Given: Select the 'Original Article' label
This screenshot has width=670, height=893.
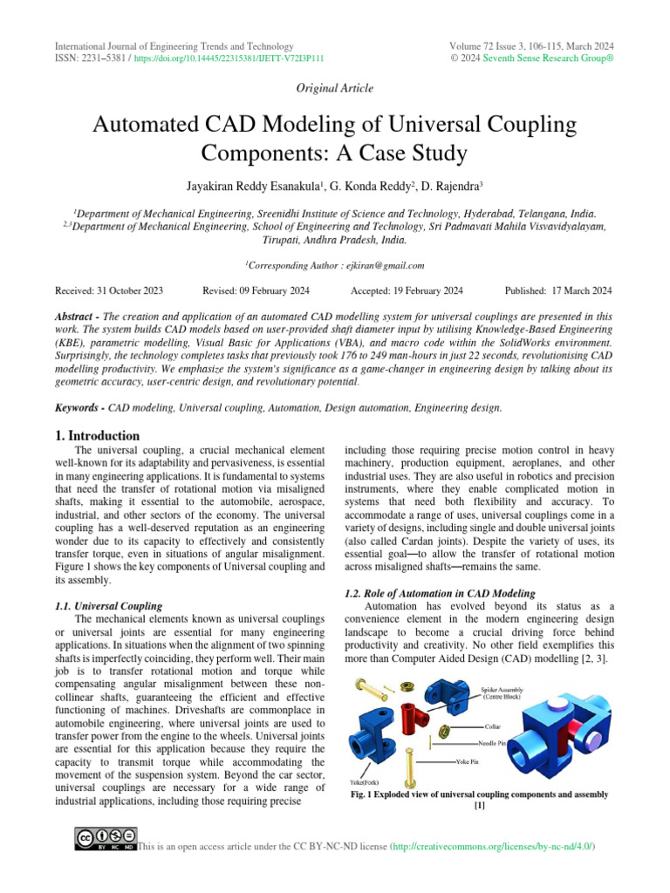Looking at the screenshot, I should pyautogui.click(x=335, y=88).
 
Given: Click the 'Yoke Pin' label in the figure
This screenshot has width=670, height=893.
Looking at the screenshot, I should pyautogui.click(x=470, y=761).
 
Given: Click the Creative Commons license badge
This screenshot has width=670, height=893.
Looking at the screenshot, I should pyautogui.click(x=107, y=840).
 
